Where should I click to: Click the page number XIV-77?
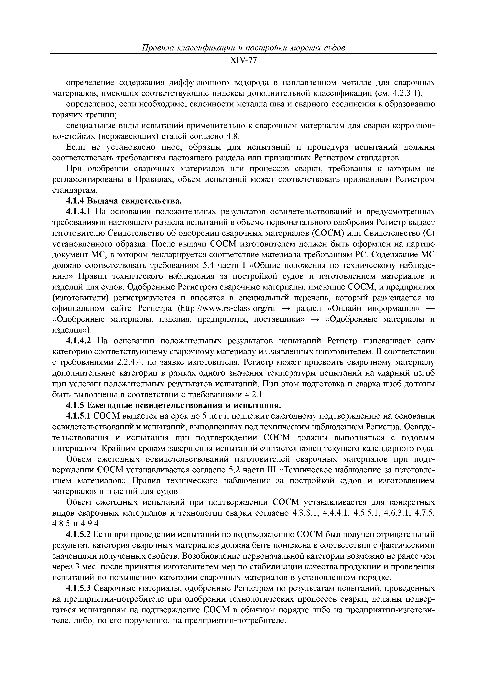[x=243, y=61]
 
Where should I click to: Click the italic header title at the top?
[x=243, y=48]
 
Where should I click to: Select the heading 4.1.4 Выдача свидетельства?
[x=124, y=201]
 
